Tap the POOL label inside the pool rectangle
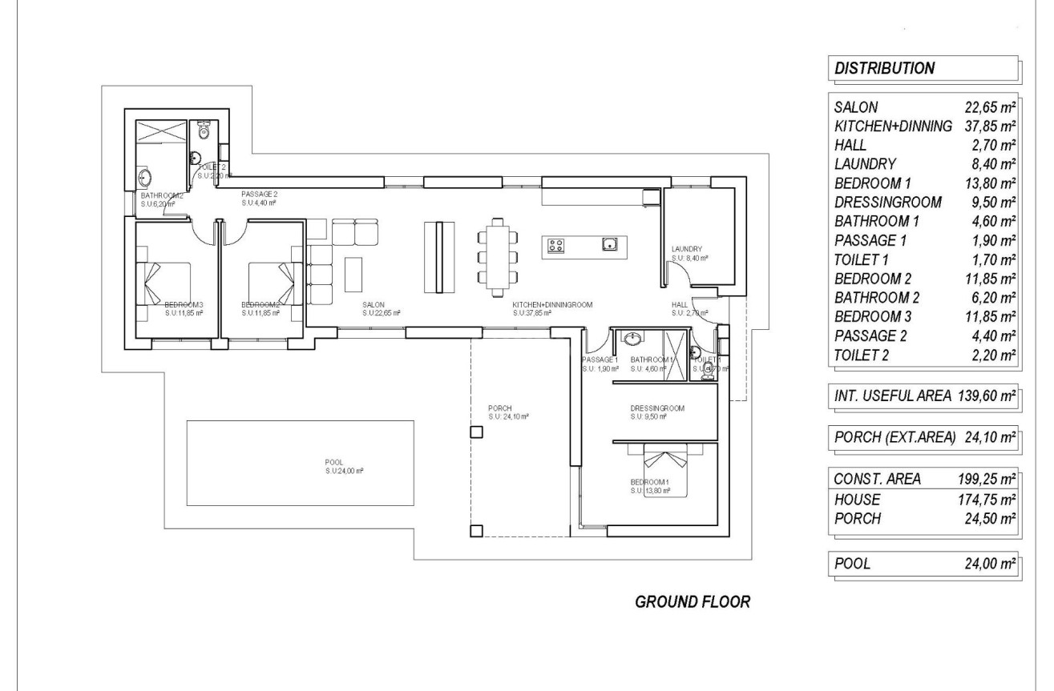pos(334,462)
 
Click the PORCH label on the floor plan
pos(499,408)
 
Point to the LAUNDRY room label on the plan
pos(687,249)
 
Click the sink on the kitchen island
pos(609,245)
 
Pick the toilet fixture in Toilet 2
pos(203,131)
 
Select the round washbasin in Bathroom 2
pos(146,177)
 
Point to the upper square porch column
pos(476,432)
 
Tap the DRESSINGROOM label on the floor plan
pos(657,408)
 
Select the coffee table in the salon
pos(353,273)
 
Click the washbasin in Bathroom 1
pos(634,338)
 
